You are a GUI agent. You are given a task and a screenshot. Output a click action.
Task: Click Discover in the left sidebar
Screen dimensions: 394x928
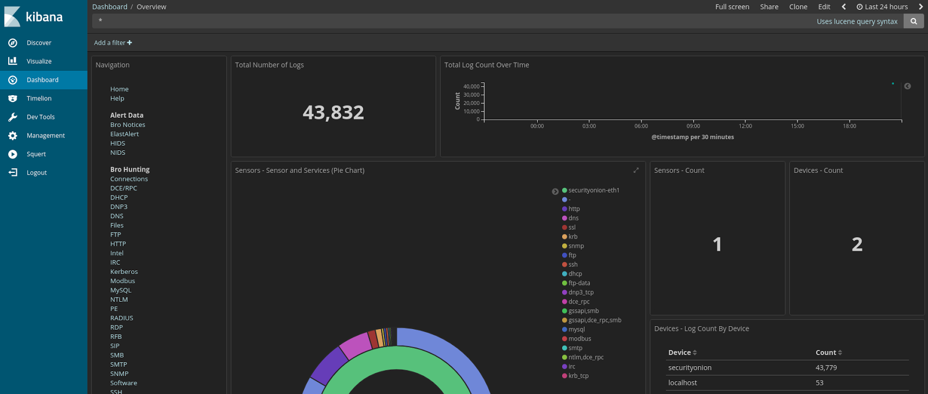[x=39, y=43]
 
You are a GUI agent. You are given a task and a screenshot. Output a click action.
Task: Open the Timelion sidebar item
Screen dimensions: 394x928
[x=39, y=99]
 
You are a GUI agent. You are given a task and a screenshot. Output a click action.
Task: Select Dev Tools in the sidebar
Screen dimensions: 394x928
[x=41, y=117]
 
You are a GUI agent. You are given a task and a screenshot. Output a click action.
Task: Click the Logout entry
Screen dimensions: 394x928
[x=37, y=173]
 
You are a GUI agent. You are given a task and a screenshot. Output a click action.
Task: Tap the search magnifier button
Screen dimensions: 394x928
[x=913, y=21]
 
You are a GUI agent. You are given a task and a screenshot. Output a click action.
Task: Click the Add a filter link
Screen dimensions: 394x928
[x=113, y=43]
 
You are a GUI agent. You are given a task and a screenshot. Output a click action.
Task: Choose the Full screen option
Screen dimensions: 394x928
[x=732, y=7]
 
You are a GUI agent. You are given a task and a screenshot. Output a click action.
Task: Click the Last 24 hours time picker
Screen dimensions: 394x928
[x=882, y=7]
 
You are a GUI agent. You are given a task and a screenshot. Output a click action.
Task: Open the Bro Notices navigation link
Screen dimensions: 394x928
[x=128, y=125]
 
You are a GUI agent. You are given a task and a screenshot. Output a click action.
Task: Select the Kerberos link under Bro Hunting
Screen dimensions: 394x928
[x=124, y=272]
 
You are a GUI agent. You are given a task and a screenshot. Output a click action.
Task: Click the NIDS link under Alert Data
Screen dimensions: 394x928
[x=118, y=153]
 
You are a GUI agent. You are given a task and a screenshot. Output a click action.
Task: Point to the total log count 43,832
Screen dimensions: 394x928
[x=333, y=113]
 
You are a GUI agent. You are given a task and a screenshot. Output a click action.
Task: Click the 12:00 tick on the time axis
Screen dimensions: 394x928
[x=745, y=126]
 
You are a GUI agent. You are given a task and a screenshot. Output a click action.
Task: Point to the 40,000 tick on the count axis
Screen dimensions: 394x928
[x=471, y=86]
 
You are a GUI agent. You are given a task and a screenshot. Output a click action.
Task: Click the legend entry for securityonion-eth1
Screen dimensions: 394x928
[x=593, y=190]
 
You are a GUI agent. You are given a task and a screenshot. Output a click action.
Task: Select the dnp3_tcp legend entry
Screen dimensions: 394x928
[x=581, y=292]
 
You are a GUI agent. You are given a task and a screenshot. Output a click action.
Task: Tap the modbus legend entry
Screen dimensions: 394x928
[x=579, y=339]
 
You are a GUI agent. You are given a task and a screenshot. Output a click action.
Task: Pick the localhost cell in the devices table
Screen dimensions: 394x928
[x=683, y=383]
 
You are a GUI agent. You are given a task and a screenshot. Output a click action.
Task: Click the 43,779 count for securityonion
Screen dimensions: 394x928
[x=826, y=368]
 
